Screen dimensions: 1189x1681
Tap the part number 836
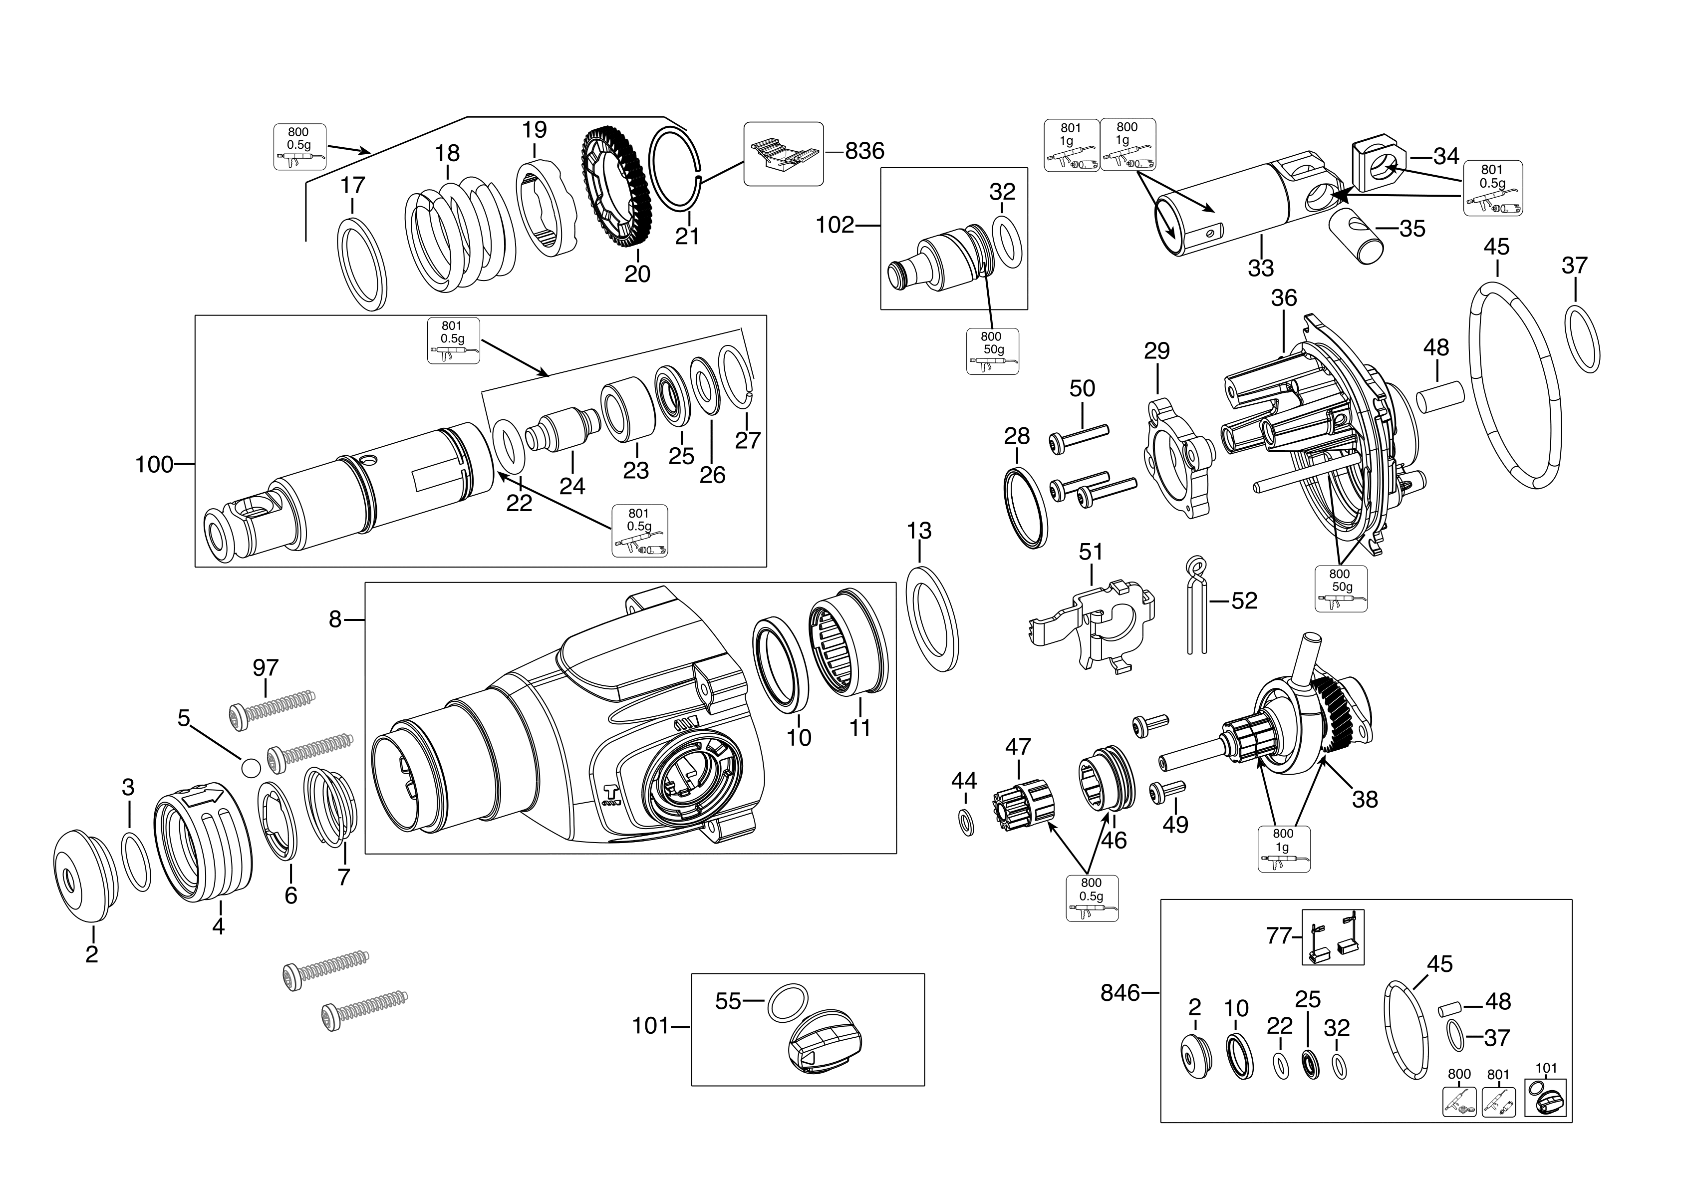click(x=864, y=151)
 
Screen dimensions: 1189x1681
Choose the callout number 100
click(x=155, y=464)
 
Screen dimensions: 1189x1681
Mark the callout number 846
click(x=1120, y=993)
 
